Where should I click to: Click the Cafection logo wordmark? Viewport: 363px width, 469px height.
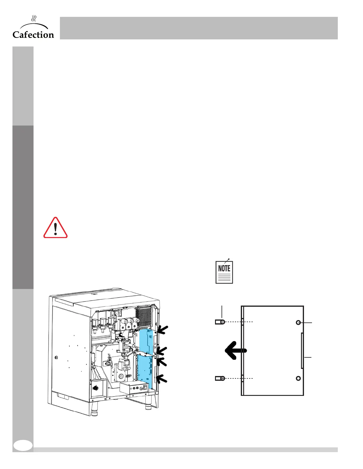pyautogui.click(x=33, y=35)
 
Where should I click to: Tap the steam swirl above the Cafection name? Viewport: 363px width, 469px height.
pyautogui.click(x=34, y=19)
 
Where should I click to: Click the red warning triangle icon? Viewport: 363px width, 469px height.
pyautogui.click(x=55, y=228)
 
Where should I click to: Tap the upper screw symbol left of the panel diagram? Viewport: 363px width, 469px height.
pyautogui.click(x=220, y=322)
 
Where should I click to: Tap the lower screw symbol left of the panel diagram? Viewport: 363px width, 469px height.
pyautogui.click(x=220, y=378)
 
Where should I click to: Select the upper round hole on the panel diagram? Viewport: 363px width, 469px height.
pyautogui.click(x=298, y=322)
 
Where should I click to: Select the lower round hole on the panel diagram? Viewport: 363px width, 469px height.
pyautogui.click(x=298, y=378)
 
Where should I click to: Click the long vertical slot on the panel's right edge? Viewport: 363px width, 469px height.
pyautogui.click(x=302, y=351)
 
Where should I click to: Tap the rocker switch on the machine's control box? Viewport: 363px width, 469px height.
pyautogui.click(x=145, y=387)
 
